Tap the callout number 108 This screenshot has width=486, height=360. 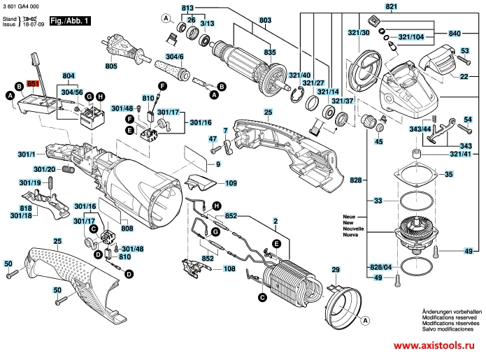pyautogui.click(x=229, y=268)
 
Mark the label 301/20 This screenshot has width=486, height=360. pyautogui.click(x=46, y=169)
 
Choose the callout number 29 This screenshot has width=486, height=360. pyautogui.click(x=335, y=270)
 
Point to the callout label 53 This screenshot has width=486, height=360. pyautogui.click(x=464, y=50)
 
